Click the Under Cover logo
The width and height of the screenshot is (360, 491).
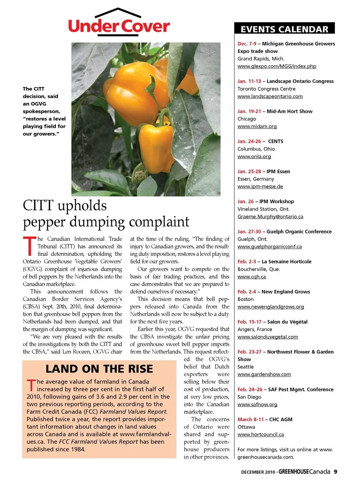tap(119, 24)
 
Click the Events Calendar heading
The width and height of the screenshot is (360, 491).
tap(284, 29)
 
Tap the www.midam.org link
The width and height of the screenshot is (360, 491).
tap(257, 126)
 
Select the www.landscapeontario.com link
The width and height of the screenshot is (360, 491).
tap(270, 96)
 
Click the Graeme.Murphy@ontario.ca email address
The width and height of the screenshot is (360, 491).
tap(270, 216)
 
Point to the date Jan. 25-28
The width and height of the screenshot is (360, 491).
tap(249, 171)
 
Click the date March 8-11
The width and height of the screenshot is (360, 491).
tap(250, 419)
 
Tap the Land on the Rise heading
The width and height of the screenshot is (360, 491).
tap(99, 369)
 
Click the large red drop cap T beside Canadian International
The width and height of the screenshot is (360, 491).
tap(29, 246)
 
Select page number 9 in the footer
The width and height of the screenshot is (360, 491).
tap(335, 471)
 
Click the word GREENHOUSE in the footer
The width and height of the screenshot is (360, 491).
tap(294, 471)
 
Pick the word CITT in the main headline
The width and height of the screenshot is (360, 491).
tap(38, 206)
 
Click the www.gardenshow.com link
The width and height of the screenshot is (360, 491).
tap(264, 374)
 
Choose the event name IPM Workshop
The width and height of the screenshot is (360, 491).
tap(276, 201)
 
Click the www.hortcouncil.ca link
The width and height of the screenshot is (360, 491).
tap(261, 434)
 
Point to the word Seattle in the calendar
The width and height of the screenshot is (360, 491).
tap(245, 367)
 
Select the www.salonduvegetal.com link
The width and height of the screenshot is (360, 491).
tap(267, 337)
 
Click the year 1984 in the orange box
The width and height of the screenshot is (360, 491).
tap(77, 449)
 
